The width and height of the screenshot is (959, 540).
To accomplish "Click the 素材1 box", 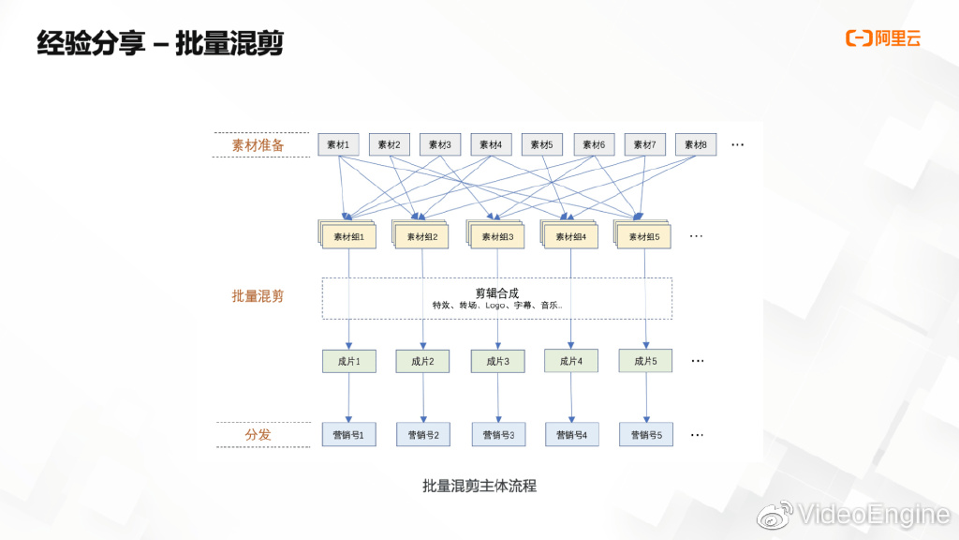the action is (x=338, y=144).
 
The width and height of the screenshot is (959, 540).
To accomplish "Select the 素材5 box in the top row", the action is (x=542, y=144).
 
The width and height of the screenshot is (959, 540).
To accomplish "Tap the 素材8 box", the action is (x=696, y=144).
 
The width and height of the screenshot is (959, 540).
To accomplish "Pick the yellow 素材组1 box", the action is (x=348, y=236).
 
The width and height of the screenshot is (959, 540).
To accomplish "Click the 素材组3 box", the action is (x=497, y=236).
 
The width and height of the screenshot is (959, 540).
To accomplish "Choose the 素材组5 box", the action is (x=644, y=236).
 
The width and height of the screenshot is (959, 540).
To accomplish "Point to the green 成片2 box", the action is (x=422, y=361).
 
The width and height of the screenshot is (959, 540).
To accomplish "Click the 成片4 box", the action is (x=571, y=361).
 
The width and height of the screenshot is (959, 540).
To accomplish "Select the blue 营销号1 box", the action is (x=348, y=435).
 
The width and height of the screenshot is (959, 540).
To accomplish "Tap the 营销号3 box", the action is (x=498, y=435).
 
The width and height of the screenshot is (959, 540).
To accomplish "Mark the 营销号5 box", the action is (x=646, y=435).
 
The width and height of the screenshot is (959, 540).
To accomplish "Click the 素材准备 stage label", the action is (x=258, y=145).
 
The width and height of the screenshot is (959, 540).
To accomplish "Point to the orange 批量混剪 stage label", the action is (x=258, y=296).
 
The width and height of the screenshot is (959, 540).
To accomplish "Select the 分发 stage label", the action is (x=258, y=435).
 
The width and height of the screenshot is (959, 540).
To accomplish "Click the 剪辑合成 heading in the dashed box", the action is (x=497, y=292).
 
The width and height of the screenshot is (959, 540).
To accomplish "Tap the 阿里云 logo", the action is (x=883, y=37).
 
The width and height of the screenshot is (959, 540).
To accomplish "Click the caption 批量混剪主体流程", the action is (x=479, y=487).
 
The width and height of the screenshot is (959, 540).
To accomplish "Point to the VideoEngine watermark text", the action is (x=874, y=515).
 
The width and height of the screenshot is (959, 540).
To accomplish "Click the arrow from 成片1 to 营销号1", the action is (x=348, y=397).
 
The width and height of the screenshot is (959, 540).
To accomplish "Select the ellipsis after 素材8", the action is (x=738, y=144).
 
